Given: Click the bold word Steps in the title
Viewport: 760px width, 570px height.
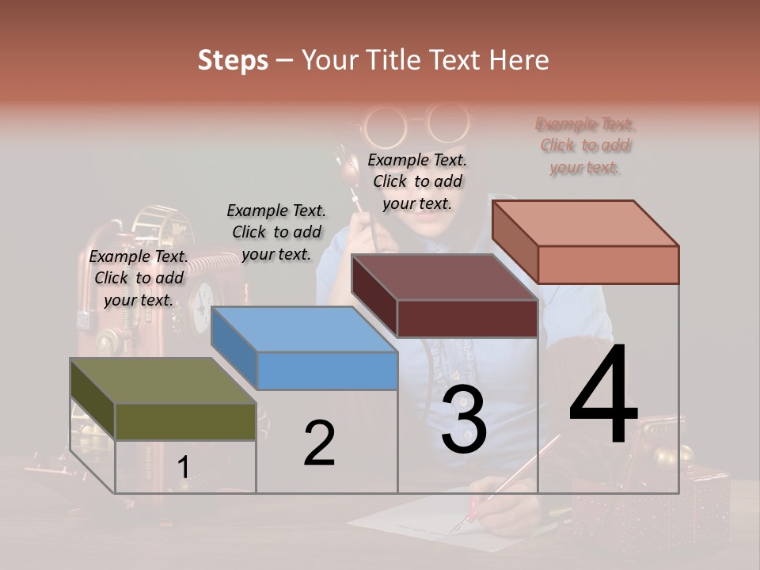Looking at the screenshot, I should coord(233,60).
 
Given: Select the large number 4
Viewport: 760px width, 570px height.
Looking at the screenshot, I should coord(603,394).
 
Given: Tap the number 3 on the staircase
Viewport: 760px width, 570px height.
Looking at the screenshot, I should coord(464,420).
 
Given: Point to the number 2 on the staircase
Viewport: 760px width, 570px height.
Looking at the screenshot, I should coord(319,443).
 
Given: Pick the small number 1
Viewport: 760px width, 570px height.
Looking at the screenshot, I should coord(183,468).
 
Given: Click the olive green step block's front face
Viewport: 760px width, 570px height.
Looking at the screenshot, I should coord(185,421).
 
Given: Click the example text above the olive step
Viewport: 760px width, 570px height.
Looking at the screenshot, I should coord(139,278).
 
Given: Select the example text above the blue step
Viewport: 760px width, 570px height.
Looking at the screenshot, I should coord(276,232).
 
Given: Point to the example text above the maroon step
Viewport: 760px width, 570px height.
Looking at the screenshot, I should coord(417,181).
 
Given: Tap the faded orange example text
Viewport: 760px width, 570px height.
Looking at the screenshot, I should coord(585,146).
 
